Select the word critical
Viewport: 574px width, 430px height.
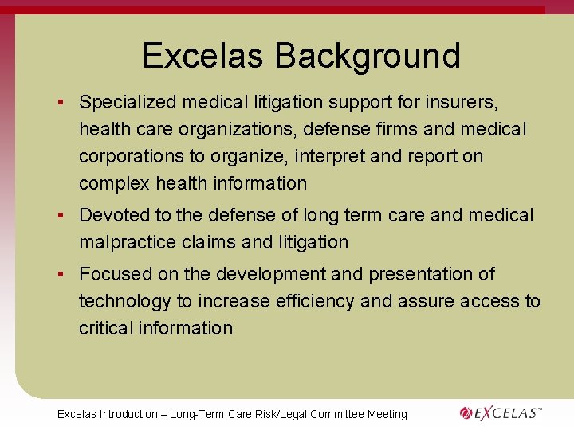tap(106, 328)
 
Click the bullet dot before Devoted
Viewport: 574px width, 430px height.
tap(61, 216)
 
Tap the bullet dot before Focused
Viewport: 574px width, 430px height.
tap(61, 275)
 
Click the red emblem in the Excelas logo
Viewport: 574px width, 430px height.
tap(467, 412)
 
